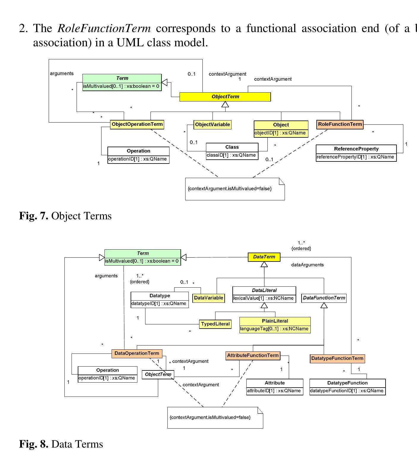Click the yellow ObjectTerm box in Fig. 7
click(x=225, y=97)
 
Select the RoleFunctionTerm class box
click(x=340, y=124)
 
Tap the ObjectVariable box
click(x=212, y=125)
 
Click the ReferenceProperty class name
click(x=356, y=149)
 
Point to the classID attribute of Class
click(x=232, y=155)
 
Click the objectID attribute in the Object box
click(x=280, y=133)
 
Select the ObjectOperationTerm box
click(x=137, y=124)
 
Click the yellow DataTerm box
click(x=264, y=257)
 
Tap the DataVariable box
click(x=208, y=298)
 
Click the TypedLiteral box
click(x=215, y=324)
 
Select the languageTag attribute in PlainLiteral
click(x=275, y=329)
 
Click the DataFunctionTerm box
click(x=324, y=298)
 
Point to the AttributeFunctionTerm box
click(x=253, y=356)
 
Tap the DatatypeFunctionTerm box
click(x=337, y=359)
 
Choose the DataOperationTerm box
click(x=137, y=353)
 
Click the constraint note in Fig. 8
click(x=215, y=418)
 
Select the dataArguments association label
click(x=307, y=265)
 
